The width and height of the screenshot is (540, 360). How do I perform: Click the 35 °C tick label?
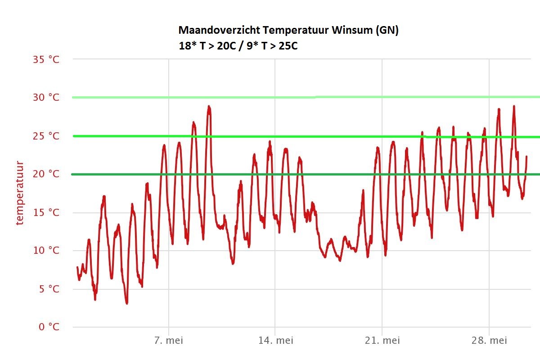pos(46,59)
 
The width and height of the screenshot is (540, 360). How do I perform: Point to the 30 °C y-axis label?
pos(46,98)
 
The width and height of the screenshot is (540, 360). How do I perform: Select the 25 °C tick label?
pos(46,136)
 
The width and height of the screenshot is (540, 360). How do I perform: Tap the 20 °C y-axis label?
pos(46,174)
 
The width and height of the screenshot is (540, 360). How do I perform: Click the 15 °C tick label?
pos(46,212)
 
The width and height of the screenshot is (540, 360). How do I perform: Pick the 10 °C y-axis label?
pos(46,251)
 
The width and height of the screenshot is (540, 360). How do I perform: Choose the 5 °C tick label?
pos(49,289)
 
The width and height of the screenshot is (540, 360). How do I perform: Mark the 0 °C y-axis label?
pos(49,327)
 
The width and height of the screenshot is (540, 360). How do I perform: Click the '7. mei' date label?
pos(169,341)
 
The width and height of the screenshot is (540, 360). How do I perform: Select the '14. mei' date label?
pos(275,341)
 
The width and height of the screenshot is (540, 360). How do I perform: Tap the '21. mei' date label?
pos(382,341)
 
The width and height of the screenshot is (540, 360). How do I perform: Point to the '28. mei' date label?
pos(489,341)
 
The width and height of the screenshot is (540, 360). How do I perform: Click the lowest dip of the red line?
pos(127,303)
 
